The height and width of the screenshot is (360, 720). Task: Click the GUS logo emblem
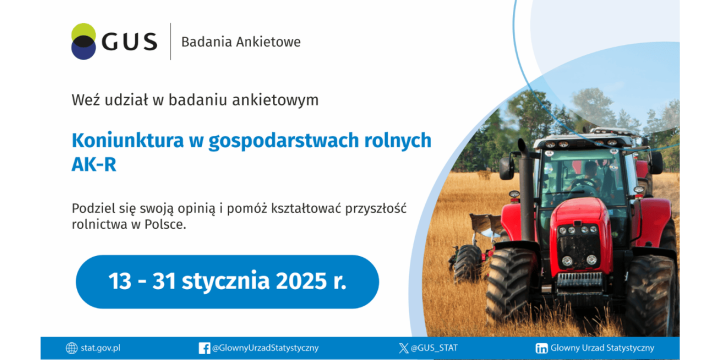[x=84, y=41]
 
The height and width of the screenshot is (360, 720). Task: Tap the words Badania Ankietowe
[x=240, y=42]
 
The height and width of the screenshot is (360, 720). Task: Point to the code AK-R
[x=94, y=165]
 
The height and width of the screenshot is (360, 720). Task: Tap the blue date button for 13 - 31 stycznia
[x=227, y=281]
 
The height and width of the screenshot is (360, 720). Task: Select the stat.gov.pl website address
[x=100, y=348]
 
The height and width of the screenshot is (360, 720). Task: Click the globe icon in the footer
[x=71, y=348]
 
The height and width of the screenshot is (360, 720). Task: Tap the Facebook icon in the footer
[x=204, y=348]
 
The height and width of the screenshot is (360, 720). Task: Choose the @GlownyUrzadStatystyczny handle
[x=265, y=348]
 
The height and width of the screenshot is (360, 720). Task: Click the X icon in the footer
[x=403, y=348]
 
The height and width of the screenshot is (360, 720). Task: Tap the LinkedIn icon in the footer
[x=541, y=348]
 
